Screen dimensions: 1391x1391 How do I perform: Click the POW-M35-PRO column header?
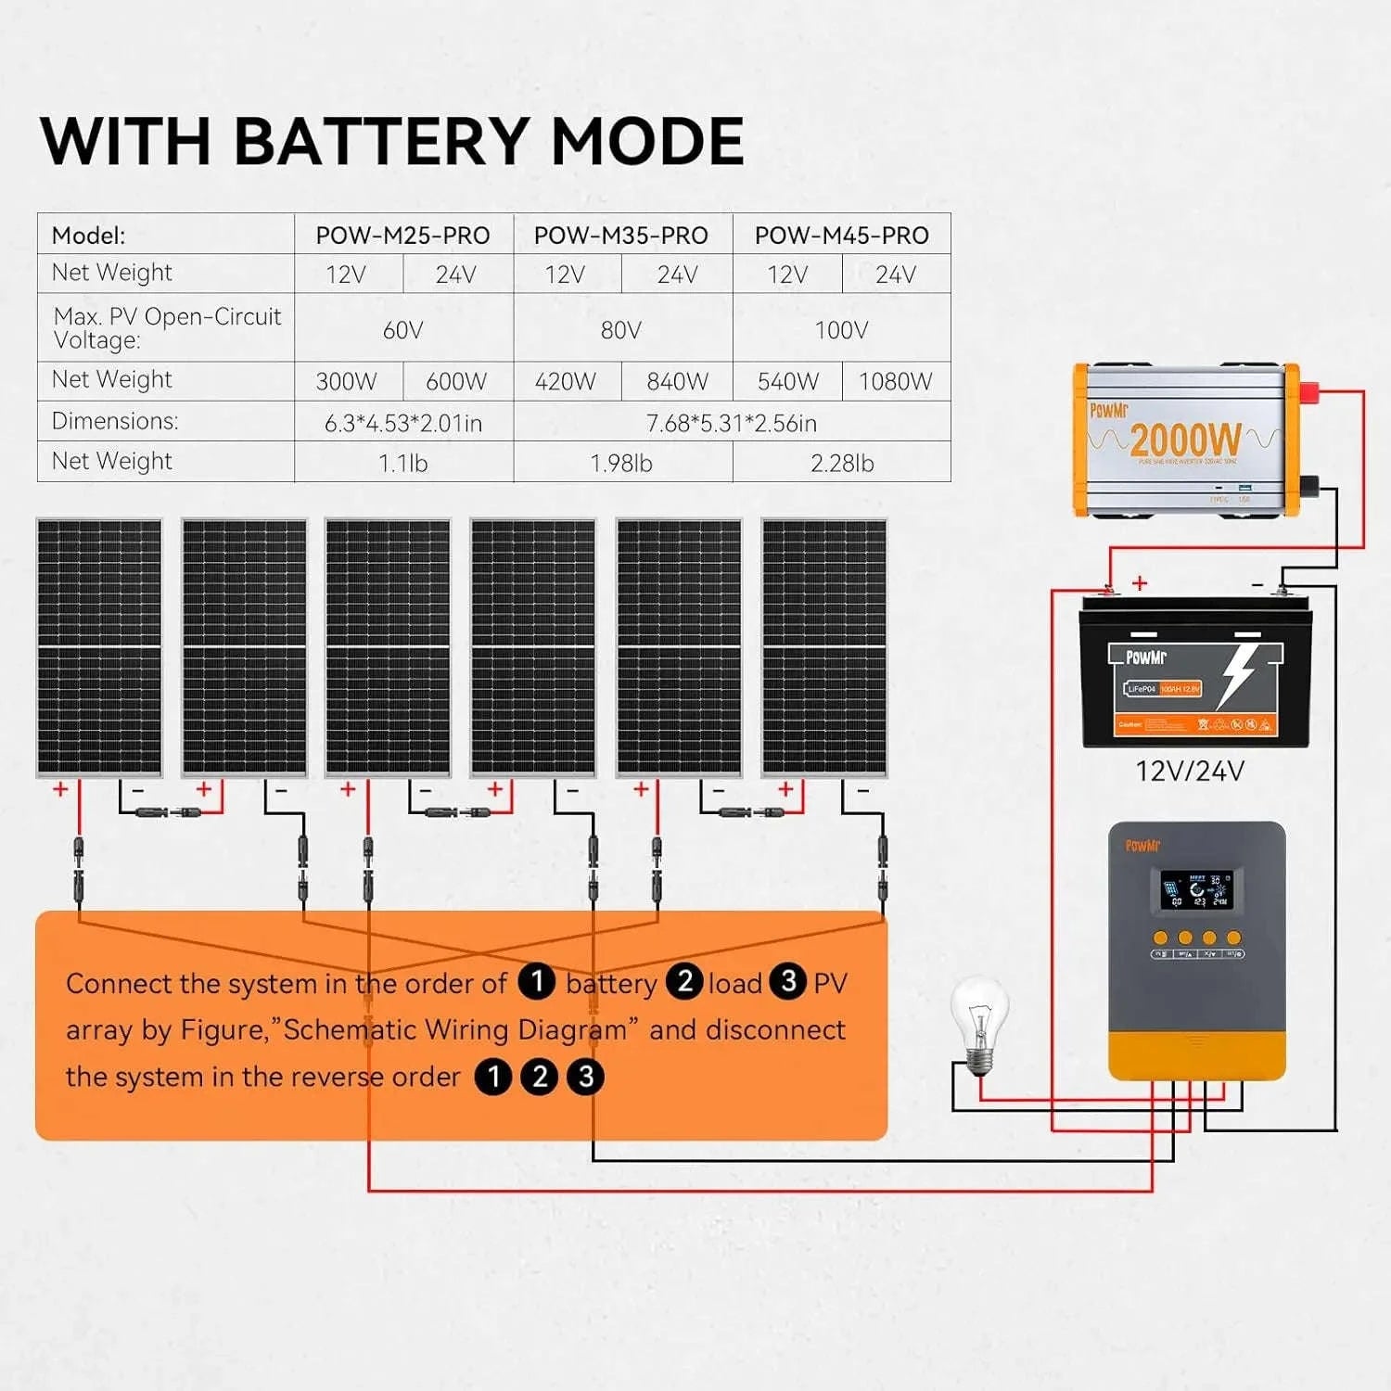[621, 236]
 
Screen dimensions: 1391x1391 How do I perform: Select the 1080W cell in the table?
[895, 381]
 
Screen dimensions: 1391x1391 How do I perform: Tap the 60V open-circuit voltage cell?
[403, 330]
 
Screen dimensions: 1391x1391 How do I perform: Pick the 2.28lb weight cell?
[841, 463]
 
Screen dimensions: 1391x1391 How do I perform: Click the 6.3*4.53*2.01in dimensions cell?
[403, 423]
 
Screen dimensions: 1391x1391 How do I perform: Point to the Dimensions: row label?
[115, 421]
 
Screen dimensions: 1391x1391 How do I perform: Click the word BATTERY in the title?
[381, 142]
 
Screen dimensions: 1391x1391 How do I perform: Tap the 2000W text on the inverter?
[1184, 439]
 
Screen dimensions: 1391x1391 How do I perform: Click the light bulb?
[978, 1020]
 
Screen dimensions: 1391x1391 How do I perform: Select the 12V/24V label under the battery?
[1190, 772]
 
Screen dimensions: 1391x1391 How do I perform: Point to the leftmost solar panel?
[99, 647]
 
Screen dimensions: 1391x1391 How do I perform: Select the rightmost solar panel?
[823, 647]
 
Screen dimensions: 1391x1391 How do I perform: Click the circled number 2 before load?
[685, 981]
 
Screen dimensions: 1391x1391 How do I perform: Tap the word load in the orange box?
[734, 983]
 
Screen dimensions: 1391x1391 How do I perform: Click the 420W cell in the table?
[566, 381]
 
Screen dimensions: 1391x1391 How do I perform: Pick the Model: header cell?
[89, 236]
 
